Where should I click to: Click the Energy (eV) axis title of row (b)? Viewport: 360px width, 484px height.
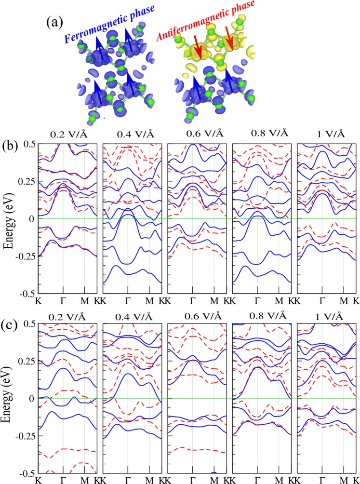[8, 219]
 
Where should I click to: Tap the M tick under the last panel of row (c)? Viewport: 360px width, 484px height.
[343, 480]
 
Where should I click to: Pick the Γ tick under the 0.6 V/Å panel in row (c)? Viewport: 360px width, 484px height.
[193, 480]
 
